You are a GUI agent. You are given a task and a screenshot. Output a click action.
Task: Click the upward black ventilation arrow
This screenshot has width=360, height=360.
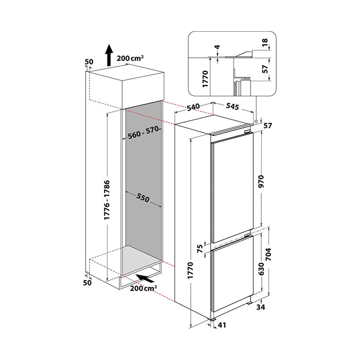coord(109,55)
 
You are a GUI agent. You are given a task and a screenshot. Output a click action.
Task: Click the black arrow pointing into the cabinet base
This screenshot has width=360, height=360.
coord(145,278)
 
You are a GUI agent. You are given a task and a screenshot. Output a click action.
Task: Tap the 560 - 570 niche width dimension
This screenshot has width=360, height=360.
coord(144,132)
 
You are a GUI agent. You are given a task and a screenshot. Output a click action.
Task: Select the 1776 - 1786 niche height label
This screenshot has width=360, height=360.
coord(107,200)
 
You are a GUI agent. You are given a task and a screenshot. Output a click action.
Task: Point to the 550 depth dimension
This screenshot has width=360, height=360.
coord(143,198)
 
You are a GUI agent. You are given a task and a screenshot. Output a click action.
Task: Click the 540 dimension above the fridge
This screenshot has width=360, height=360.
coord(193,107)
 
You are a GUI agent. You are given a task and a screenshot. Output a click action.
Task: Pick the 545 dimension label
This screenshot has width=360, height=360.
coord(233,107)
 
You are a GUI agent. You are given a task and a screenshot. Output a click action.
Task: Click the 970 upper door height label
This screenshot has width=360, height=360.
coord(261,181)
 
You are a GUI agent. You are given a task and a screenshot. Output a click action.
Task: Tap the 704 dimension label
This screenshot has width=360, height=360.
coord(268,254)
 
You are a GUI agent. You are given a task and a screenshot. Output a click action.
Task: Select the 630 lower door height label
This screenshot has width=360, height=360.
coord(261,269)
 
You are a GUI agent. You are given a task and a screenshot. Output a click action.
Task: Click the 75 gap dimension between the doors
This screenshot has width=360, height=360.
coord(200,249)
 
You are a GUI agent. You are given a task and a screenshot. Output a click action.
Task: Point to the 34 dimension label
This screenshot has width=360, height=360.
coord(261,307)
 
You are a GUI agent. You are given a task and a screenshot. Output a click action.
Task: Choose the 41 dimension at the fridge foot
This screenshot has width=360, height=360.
coord(222,325)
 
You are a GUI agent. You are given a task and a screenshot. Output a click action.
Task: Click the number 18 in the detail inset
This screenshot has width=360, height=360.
coord(265,42)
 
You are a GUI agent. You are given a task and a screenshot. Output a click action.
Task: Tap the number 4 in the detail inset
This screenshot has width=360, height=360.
coord(217,47)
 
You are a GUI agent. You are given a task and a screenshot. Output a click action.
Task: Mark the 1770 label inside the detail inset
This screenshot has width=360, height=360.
coord(205,79)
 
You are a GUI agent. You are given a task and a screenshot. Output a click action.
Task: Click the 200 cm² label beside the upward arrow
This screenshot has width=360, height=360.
coord(130,58)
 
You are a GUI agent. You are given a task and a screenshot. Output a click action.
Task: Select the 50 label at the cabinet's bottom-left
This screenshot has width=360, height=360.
coord(87,283)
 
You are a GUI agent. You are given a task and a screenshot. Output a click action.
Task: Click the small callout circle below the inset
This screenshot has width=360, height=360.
coord(256,121)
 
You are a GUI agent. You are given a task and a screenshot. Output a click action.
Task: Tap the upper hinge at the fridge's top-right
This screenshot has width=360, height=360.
coord(248,132)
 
